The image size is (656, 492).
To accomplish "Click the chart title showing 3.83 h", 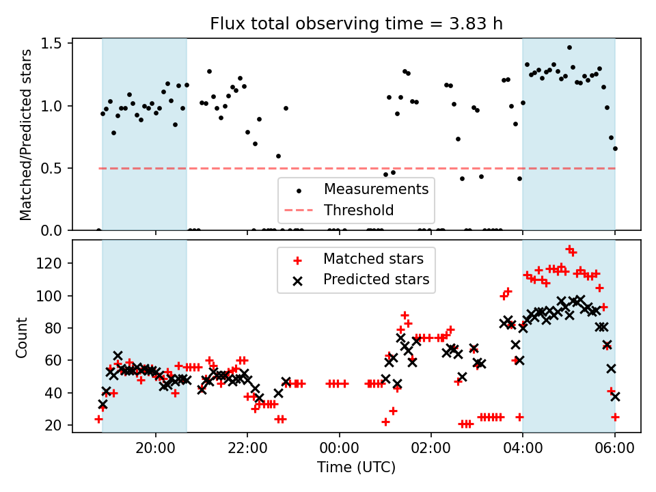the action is pos(356,24).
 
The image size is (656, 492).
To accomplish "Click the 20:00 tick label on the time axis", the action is pos(156,448).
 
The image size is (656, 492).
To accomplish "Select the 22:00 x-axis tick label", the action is pos(247,448).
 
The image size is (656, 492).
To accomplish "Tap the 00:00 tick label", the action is pos(339,448).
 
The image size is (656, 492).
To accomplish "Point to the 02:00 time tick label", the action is pos(431,448).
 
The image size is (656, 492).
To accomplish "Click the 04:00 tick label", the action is pos(523,448).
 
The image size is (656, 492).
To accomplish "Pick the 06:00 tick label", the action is pos(614,448).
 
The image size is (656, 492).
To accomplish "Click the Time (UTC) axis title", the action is pos(356,467).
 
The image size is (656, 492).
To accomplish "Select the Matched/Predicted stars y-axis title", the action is pos(25,135).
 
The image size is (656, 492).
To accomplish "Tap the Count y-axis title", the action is pos(21,337).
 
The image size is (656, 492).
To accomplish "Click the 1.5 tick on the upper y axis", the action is pos(51,44).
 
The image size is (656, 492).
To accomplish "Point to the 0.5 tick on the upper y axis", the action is pos(51,168).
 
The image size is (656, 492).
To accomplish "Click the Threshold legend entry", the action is pos(339,210).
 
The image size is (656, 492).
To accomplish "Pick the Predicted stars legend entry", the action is pos(361,279).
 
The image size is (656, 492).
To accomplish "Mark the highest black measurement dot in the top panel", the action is pos(569,48).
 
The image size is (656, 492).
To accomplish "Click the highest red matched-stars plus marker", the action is pos(569,249).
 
